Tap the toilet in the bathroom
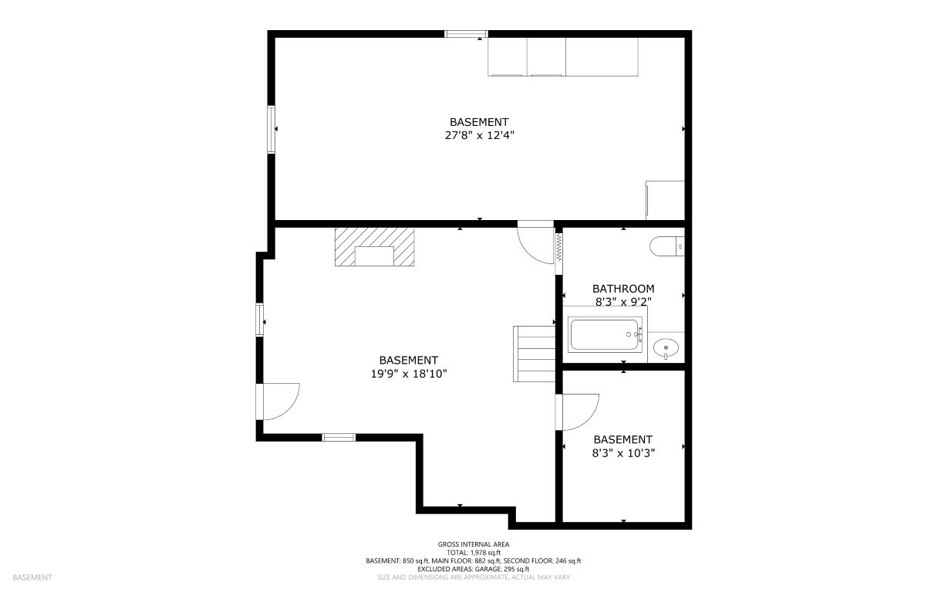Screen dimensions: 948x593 [x=667, y=246]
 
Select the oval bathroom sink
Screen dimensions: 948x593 [x=666, y=348]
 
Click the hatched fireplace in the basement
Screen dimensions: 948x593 [x=375, y=247]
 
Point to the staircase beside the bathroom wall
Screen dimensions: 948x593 [x=534, y=354]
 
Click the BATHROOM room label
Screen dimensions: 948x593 [x=623, y=289]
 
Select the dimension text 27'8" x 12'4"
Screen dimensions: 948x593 [x=480, y=136]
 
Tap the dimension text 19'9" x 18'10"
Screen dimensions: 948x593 [x=409, y=374]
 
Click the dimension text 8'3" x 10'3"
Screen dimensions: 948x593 [x=623, y=453]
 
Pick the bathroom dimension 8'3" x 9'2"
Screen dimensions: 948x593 [x=623, y=302]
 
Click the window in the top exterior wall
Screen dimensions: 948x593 [x=466, y=34]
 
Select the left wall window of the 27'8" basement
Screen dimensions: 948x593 [x=272, y=129]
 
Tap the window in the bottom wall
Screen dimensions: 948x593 [x=339, y=438]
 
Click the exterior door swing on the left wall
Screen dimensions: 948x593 [x=292, y=409]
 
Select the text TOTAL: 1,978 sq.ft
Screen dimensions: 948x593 [x=474, y=553]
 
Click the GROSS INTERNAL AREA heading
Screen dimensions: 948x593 [x=474, y=544]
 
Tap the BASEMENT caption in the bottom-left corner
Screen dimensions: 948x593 [x=32, y=578]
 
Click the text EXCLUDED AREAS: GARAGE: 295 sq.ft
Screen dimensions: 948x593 [x=474, y=569]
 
